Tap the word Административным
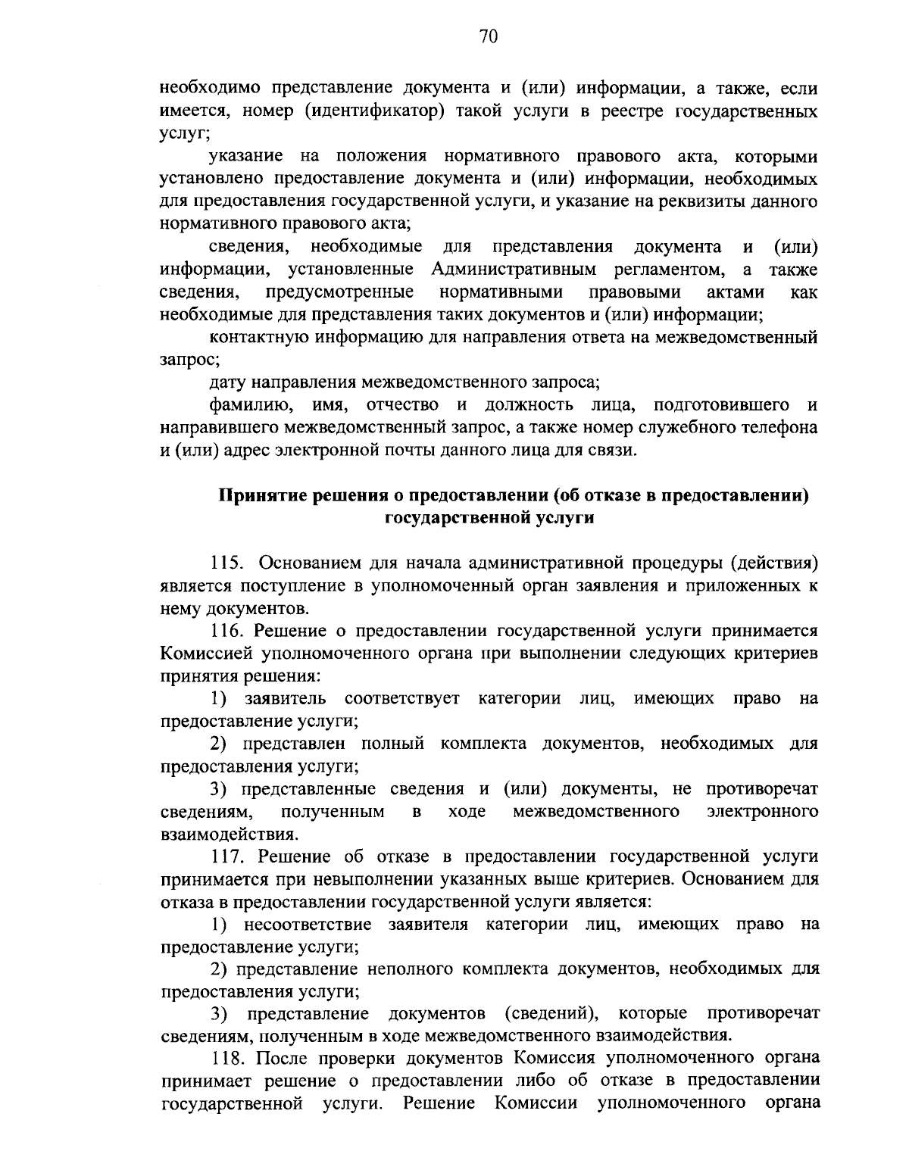(x=514, y=270)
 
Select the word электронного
(x=762, y=812)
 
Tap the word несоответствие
(x=308, y=925)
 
